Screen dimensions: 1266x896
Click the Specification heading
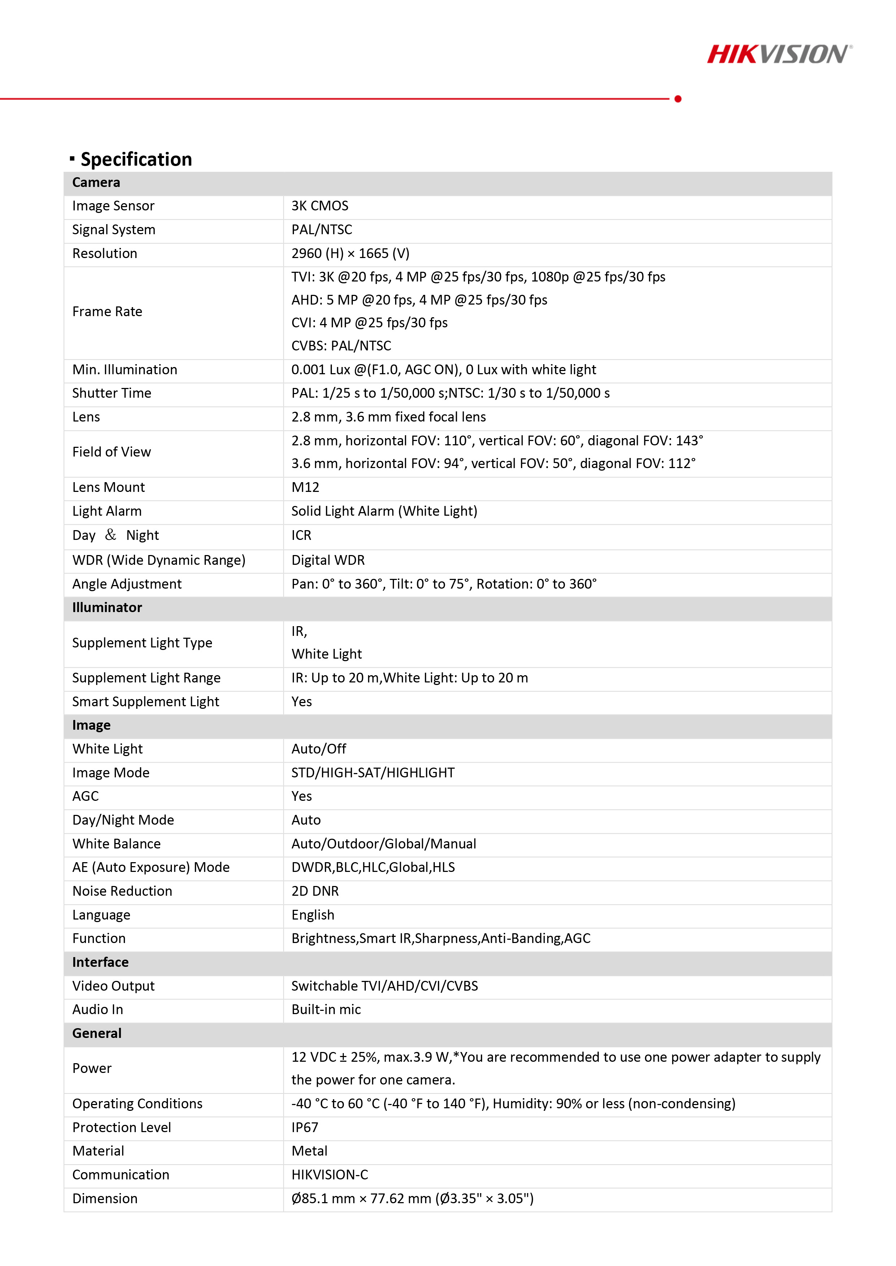click(x=136, y=160)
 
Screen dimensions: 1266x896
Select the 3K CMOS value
click(x=320, y=206)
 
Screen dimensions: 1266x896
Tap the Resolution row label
click(x=105, y=254)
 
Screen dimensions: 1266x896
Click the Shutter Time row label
click(x=112, y=393)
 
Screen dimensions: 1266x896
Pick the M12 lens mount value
click(x=305, y=488)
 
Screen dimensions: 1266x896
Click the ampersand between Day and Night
click(x=111, y=535)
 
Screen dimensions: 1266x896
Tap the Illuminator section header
click(x=107, y=608)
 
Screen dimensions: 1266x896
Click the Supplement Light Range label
click(x=146, y=678)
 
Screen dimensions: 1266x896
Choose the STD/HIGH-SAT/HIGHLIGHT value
click(x=373, y=773)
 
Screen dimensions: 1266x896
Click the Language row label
click(x=101, y=915)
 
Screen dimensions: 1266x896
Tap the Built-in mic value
click(x=326, y=1010)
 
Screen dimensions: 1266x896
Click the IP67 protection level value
click(x=304, y=1128)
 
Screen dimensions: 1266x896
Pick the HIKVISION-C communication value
click(x=329, y=1175)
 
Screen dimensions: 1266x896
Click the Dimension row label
click(x=105, y=1199)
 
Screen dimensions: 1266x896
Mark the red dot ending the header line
click(x=678, y=99)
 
